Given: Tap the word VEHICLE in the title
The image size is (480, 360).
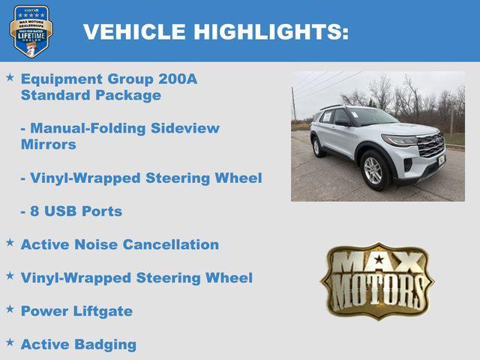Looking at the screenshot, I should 135,31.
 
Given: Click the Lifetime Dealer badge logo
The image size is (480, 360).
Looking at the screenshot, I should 31,31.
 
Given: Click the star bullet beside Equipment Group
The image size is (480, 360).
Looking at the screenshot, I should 10,77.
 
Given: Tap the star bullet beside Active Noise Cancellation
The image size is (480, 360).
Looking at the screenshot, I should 10,243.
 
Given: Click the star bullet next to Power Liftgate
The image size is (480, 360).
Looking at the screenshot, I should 10,309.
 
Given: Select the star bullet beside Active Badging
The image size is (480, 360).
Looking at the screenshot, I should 10,343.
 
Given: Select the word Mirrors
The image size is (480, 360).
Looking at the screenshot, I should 49,145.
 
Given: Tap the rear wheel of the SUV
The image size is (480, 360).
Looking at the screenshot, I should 317,147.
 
